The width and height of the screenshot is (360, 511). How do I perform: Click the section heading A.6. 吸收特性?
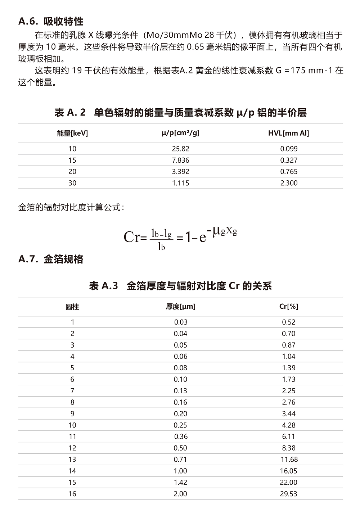click(x=51, y=22)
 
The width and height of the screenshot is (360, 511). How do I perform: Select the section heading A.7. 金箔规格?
click(x=51, y=259)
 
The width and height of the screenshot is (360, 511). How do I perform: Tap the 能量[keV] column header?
click(x=72, y=134)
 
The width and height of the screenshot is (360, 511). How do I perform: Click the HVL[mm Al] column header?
click(x=288, y=134)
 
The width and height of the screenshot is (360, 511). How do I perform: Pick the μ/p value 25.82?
click(x=180, y=149)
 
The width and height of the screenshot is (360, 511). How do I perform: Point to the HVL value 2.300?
click(x=289, y=183)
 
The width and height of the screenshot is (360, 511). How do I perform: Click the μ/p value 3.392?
click(x=180, y=172)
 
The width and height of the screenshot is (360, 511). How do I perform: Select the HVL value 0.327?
click(x=289, y=160)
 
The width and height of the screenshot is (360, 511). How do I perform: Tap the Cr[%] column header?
click(x=289, y=307)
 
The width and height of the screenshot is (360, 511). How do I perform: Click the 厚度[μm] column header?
click(x=180, y=307)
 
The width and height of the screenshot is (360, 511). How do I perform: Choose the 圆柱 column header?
click(x=72, y=307)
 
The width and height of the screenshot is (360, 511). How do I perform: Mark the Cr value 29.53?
click(x=289, y=494)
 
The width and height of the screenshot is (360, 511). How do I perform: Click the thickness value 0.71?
click(x=180, y=460)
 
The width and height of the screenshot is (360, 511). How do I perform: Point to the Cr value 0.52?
click(x=289, y=322)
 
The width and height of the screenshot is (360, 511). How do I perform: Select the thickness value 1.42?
click(x=180, y=483)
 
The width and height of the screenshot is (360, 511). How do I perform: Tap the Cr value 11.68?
click(x=289, y=460)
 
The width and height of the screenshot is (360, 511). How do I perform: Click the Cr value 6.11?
click(x=289, y=437)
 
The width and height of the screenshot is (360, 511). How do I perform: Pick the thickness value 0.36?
click(x=181, y=437)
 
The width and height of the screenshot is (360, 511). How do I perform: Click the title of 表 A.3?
click(x=180, y=286)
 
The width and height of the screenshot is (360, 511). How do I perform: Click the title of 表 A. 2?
click(x=180, y=113)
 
